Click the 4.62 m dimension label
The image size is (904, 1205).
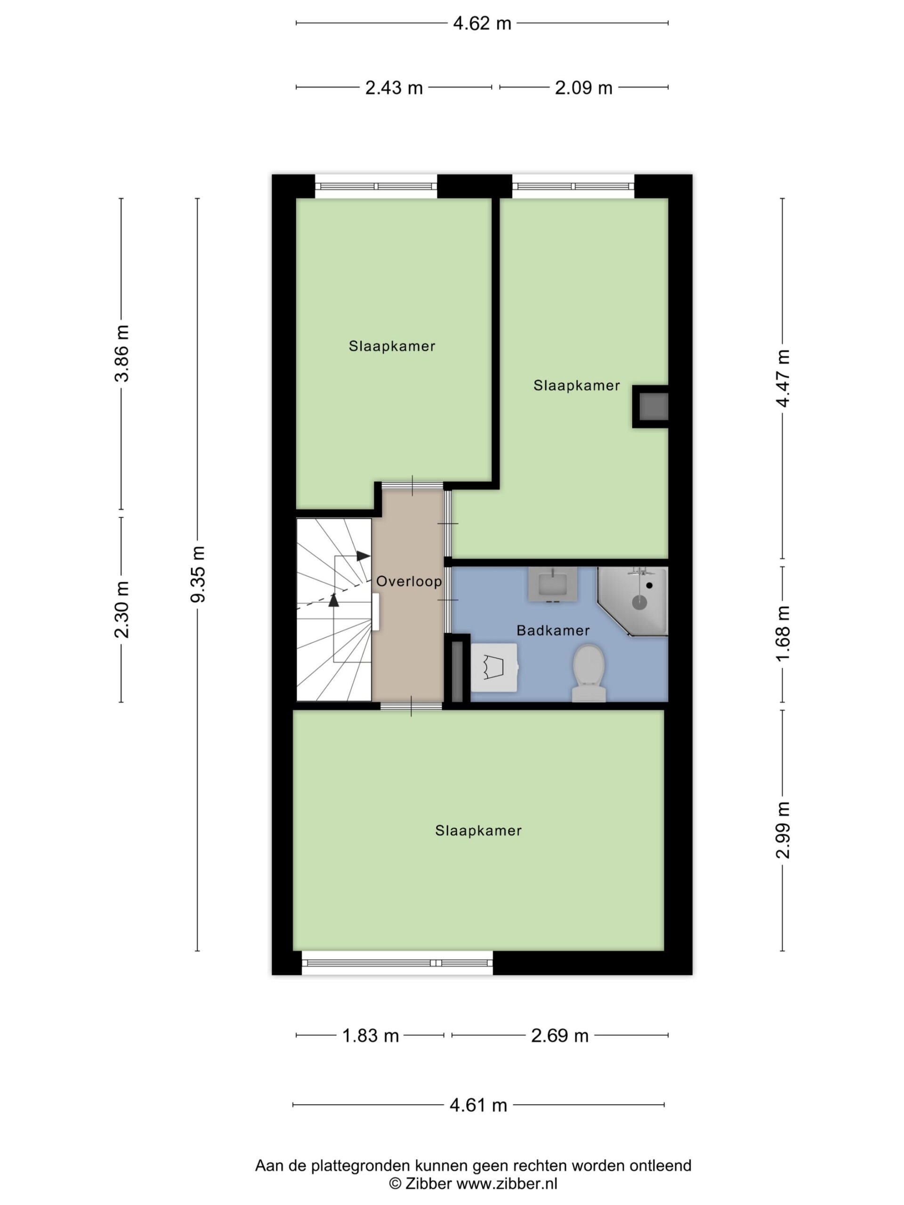click(x=482, y=24)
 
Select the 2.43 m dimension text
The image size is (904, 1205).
click(x=394, y=88)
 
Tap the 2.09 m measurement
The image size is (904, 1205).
click(x=583, y=88)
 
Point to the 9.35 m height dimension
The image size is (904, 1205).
click(x=198, y=574)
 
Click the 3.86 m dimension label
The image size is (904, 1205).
click(x=122, y=353)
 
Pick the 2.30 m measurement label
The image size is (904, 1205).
click(x=122, y=609)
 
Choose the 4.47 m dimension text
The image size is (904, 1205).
click(x=783, y=378)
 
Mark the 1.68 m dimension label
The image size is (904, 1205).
click(x=783, y=634)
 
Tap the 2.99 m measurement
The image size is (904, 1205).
click(x=783, y=830)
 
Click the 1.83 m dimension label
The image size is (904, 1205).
click(x=371, y=1036)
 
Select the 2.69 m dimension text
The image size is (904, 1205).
click(x=560, y=1036)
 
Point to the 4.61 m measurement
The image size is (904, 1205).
click(x=478, y=1105)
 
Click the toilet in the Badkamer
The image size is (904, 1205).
click(x=589, y=673)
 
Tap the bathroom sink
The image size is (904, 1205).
click(x=553, y=584)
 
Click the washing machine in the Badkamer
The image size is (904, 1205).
click(x=494, y=667)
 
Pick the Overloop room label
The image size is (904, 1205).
click(x=409, y=581)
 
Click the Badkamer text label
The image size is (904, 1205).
click(x=553, y=630)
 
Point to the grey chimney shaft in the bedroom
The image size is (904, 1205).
click(x=651, y=406)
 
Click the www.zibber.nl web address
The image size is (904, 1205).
click(x=507, y=1184)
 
